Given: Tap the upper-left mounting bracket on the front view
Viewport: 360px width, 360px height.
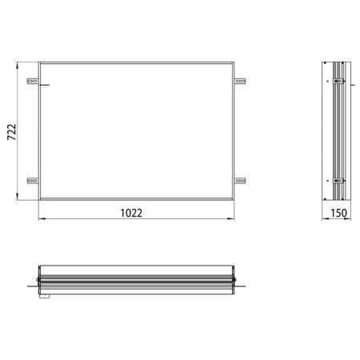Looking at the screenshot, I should [32, 81].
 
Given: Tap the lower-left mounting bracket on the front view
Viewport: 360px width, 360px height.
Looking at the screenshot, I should [32, 181].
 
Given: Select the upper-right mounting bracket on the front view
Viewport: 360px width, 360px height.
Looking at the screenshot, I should [241, 81].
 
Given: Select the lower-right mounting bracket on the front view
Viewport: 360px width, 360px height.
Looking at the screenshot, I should [241, 181].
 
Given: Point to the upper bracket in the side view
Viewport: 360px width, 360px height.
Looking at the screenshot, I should [338, 81].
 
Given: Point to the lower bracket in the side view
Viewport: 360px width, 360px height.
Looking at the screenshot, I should [338, 182].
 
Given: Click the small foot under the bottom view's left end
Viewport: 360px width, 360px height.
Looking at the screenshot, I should [46, 298].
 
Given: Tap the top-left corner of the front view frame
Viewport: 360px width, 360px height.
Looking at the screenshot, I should [39, 61].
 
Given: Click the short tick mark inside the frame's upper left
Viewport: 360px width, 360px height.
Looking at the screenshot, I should [44, 87].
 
